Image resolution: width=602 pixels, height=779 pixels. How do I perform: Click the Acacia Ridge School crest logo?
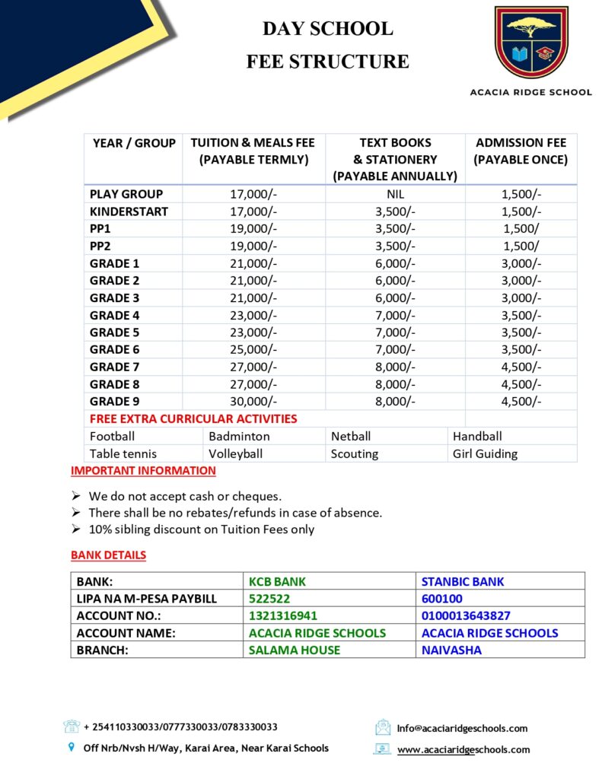[530, 43]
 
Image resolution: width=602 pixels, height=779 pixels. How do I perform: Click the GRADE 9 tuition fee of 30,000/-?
[253, 402]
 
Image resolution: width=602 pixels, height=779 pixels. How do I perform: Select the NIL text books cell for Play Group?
[395, 194]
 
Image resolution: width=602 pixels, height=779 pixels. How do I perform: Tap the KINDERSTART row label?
[129, 211]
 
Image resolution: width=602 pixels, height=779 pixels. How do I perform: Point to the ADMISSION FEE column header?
[521, 151]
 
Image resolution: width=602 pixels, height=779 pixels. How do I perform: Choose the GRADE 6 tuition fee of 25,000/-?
[253, 350]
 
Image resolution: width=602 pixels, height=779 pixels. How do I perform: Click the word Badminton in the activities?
[239, 437]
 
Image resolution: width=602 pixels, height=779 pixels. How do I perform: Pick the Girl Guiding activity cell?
[485, 454]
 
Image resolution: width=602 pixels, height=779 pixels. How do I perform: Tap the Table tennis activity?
[123, 454]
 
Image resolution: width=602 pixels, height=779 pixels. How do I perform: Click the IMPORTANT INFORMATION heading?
[143, 471]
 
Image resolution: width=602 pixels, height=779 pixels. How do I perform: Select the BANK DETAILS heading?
[108, 555]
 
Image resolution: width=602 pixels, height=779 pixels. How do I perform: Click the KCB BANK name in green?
[278, 582]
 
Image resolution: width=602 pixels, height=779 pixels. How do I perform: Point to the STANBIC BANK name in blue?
[463, 582]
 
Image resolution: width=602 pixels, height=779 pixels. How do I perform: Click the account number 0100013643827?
[466, 615]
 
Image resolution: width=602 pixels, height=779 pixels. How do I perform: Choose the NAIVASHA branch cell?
[451, 650]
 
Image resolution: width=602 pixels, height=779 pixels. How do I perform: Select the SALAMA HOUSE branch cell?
[295, 650]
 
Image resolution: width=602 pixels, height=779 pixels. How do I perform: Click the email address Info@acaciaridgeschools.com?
[462, 728]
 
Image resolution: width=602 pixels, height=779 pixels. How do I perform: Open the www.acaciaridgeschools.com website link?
[463, 749]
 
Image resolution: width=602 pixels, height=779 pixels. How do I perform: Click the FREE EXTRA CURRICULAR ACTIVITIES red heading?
[193, 419]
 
